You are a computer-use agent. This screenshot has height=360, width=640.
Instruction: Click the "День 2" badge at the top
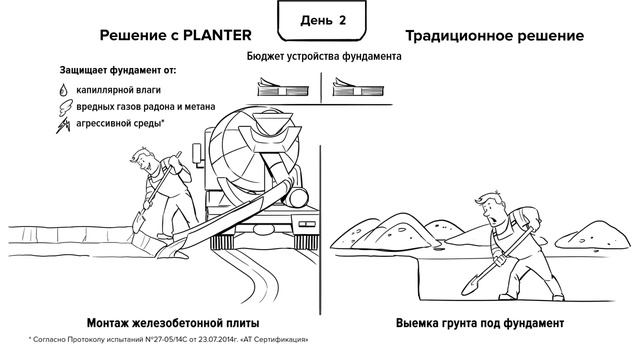click(322, 20)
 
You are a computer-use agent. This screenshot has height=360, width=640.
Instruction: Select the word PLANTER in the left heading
click(217, 35)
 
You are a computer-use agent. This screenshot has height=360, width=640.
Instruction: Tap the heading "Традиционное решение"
click(494, 36)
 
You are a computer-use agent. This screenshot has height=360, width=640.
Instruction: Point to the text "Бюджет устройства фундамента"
click(324, 56)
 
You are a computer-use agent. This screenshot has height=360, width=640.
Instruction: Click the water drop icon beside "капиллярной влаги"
click(63, 90)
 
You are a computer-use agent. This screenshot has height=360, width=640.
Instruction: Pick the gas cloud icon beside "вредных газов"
click(65, 107)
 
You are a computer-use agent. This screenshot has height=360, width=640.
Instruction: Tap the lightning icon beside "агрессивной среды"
click(63, 124)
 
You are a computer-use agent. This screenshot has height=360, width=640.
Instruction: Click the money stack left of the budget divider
click(282, 87)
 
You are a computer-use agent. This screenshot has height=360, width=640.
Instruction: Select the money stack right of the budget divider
click(358, 87)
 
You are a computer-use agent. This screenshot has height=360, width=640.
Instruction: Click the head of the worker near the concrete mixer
click(144, 159)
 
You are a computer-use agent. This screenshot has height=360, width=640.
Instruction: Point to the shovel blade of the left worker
click(139, 222)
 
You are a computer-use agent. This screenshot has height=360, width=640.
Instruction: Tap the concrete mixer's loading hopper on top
click(273, 121)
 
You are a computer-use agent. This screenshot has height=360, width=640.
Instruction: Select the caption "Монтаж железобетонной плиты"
click(173, 323)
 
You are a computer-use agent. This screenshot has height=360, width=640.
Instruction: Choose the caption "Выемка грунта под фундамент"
click(480, 323)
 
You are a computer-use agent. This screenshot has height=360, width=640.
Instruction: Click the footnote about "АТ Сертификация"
click(169, 339)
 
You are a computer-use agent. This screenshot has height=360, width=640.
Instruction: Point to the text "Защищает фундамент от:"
click(118, 70)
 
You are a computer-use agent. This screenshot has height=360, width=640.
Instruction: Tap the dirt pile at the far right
click(593, 235)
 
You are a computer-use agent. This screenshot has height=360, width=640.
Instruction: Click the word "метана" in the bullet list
click(200, 107)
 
